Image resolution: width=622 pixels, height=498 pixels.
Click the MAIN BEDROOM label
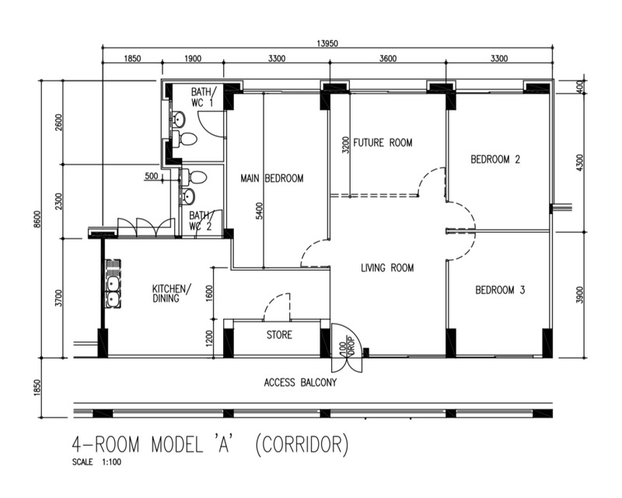(271, 178)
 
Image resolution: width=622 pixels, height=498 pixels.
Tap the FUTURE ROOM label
(383, 142)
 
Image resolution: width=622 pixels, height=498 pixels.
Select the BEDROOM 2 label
(495, 160)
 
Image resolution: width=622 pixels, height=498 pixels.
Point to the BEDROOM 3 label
(500, 290)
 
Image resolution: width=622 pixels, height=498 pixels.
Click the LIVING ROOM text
(387, 268)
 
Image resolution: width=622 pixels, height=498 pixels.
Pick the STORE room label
(279, 335)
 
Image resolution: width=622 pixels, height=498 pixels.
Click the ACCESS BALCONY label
(300, 382)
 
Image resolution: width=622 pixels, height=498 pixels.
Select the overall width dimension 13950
(327, 44)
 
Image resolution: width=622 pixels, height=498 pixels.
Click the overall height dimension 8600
(37, 219)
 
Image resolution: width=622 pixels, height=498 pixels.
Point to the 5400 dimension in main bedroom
(259, 212)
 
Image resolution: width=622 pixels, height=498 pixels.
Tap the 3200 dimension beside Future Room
(345, 146)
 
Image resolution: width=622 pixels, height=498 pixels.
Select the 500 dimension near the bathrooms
(151, 176)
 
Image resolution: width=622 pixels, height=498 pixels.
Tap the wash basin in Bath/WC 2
(187, 196)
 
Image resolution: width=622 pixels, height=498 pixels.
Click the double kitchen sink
(113, 284)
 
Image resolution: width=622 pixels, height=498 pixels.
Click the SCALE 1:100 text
(96, 462)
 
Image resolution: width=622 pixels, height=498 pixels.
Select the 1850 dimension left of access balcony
(37, 388)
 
